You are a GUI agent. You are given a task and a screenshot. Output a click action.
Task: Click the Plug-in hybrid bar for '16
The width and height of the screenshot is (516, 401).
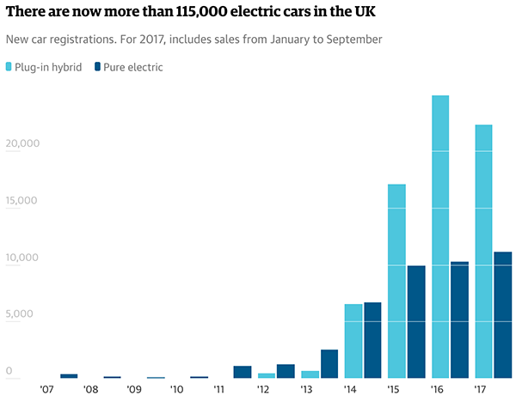pyautogui.click(x=440, y=236)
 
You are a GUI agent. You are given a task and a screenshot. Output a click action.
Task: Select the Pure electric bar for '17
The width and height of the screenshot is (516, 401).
pyautogui.click(x=503, y=314)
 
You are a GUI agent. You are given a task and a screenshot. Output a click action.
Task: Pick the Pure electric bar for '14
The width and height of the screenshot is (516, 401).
pyautogui.click(x=373, y=340)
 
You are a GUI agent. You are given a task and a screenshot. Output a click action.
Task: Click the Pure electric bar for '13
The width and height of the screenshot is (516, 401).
pyautogui.click(x=329, y=363)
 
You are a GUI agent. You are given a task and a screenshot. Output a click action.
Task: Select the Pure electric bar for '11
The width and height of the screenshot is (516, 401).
pyautogui.click(x=243, y=372)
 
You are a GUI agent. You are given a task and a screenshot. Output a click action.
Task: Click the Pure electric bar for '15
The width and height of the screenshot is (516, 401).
pyautogui.click(x=416, y=321)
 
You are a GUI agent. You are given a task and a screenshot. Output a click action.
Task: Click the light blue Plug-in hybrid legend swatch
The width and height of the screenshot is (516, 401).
pyautogui.click(x=10, y=67)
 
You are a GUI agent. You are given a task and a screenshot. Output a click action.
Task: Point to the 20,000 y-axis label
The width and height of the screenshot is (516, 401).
pyautogui.click(x=22, y=143)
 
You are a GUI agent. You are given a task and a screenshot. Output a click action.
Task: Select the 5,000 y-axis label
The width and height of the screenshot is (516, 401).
pyautogui.click(x=20, y=314)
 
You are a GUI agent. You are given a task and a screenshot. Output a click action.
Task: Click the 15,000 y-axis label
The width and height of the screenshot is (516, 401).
pyautogui.click(x=22, y=201)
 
